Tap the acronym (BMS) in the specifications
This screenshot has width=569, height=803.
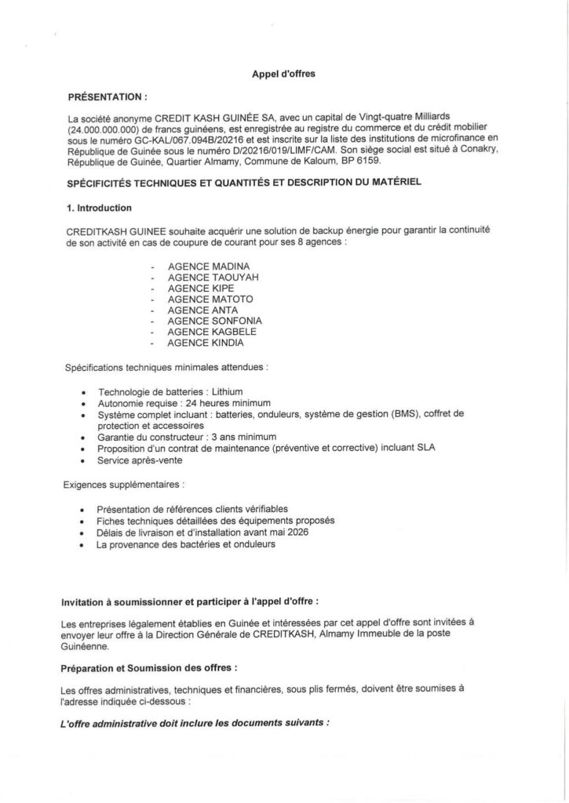(x=399, y=413)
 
